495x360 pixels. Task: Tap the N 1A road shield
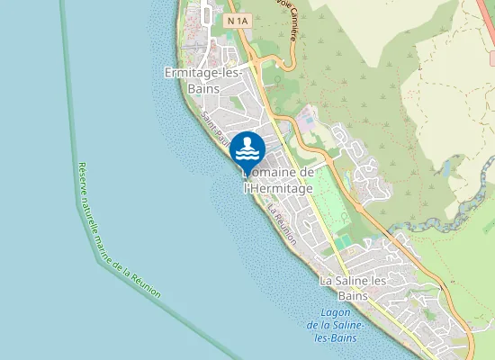[238, 20]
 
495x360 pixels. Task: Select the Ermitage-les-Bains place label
[203, 79]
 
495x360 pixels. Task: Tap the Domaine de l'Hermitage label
[278, 180]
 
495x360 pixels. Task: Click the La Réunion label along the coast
[283, 220]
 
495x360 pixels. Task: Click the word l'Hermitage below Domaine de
[278, 189]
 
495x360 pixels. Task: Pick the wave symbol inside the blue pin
[247, 147]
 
